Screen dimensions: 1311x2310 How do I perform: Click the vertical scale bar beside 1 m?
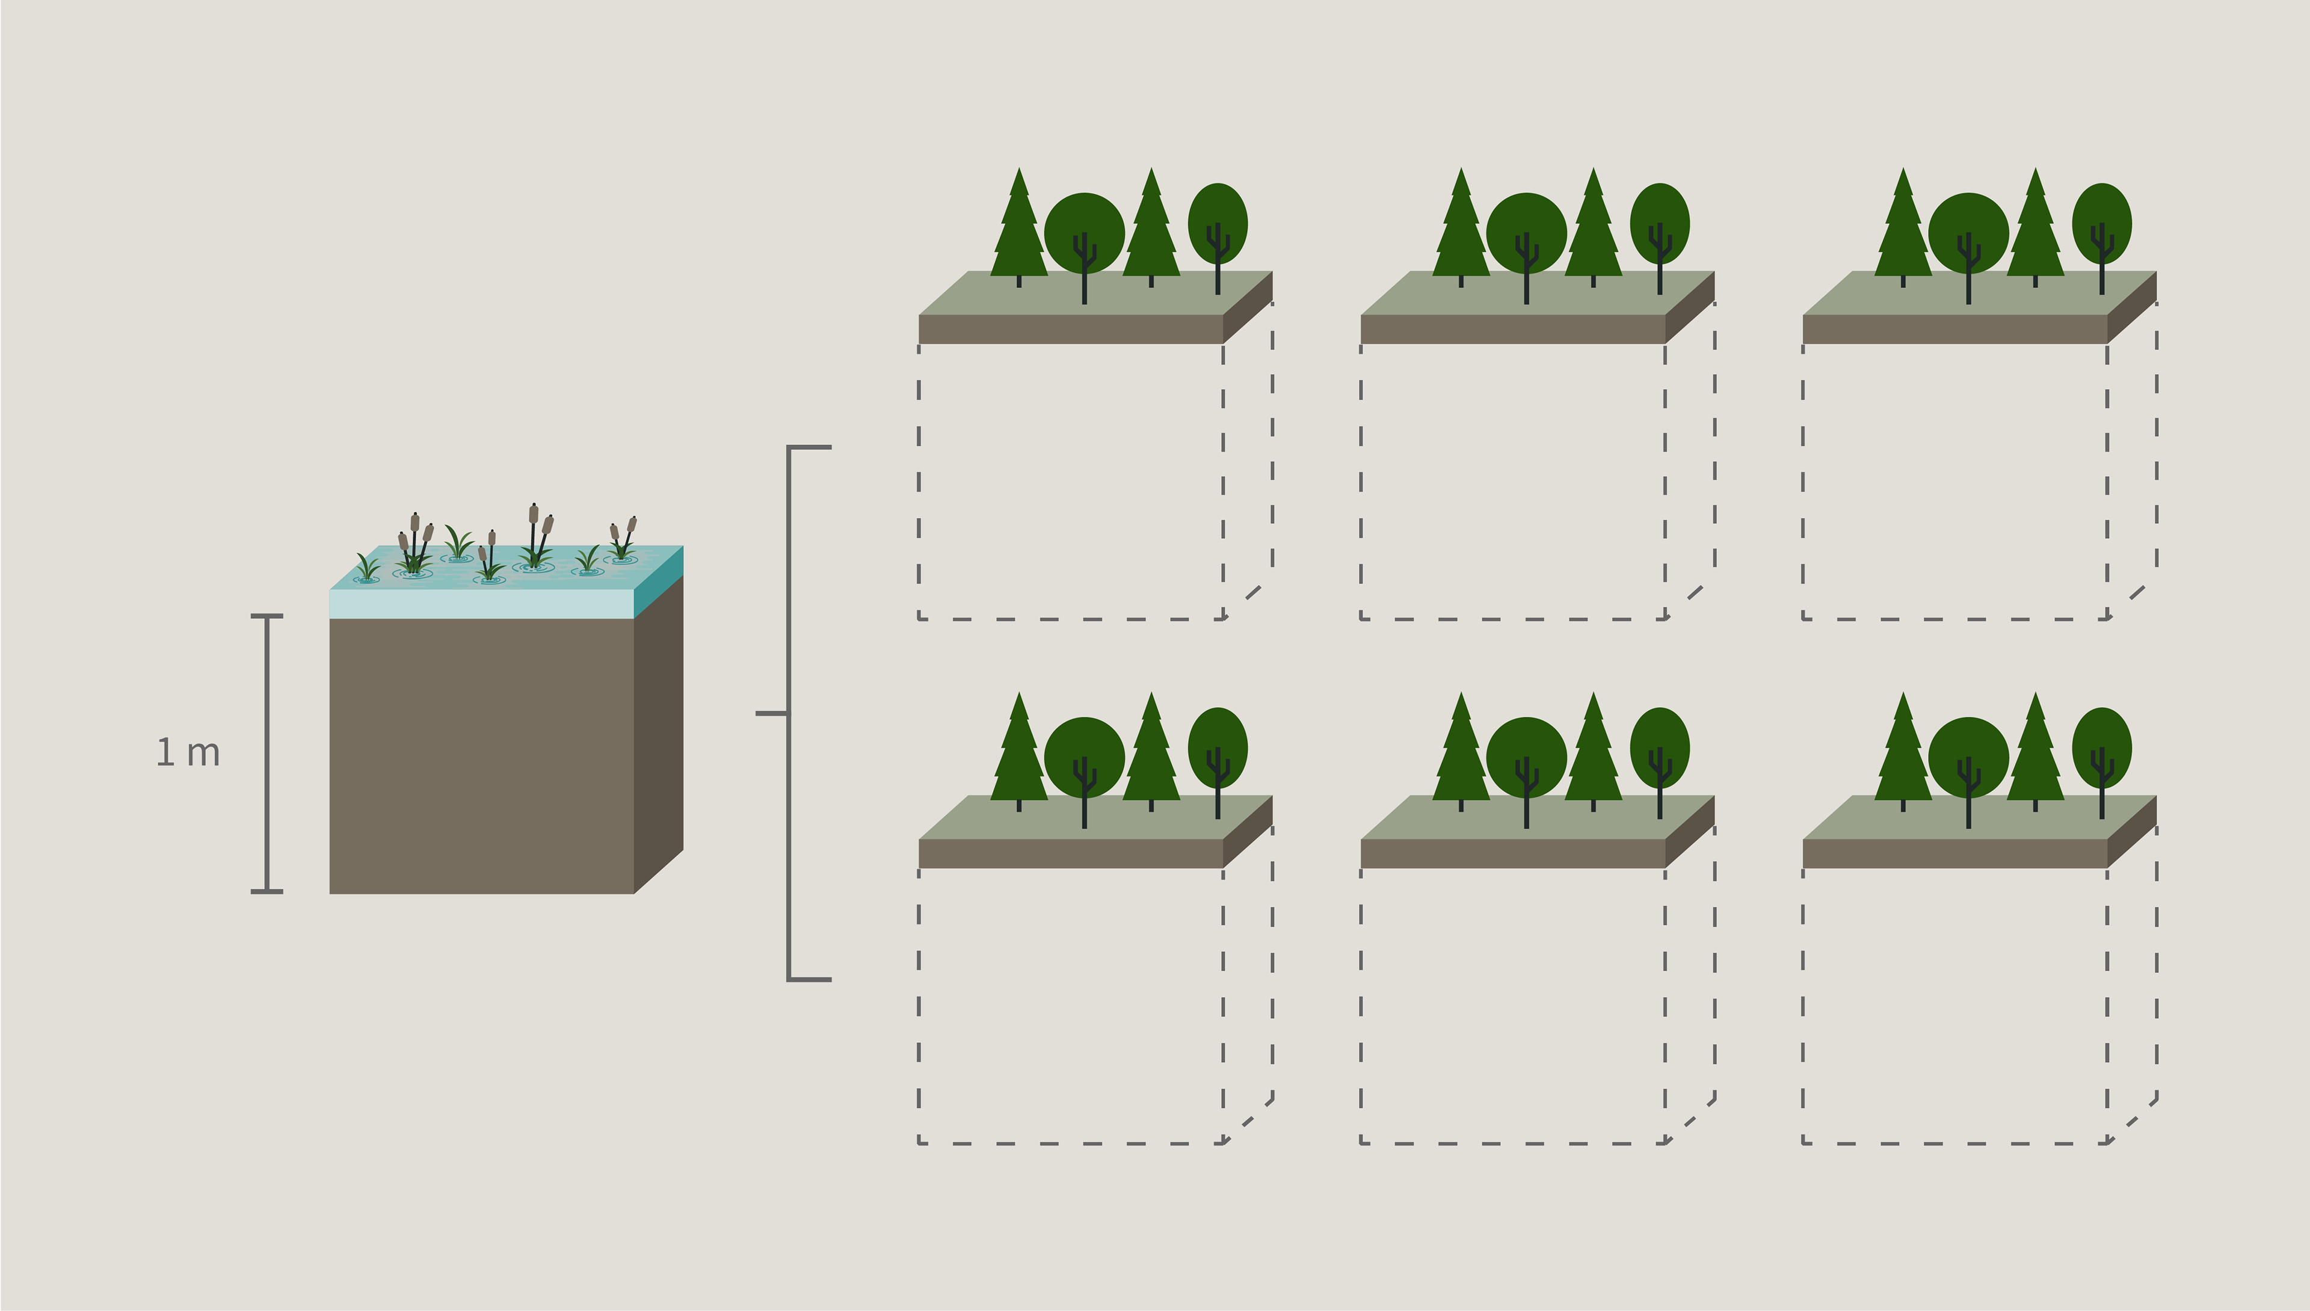[x=266, y=754]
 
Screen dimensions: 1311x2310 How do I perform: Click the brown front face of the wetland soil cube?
[x=482, y=757]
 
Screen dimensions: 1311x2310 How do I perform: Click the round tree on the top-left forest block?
[x=1084, y=232]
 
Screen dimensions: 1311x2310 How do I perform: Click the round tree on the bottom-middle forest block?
[x=1527, y=757]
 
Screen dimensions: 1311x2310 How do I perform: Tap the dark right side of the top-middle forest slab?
[x=1690, y=307]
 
